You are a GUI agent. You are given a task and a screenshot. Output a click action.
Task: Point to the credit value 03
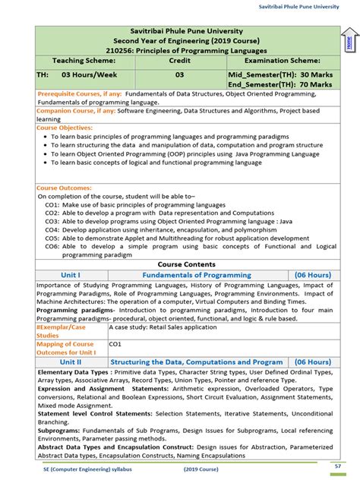coord(179,75)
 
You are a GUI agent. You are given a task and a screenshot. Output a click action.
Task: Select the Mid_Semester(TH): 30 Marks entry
coord(279,75)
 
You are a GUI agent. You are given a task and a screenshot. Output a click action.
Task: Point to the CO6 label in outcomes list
coord(52,246)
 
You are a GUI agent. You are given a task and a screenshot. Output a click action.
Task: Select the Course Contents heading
coord(186,264)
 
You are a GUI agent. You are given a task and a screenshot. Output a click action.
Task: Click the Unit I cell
coord(71,275)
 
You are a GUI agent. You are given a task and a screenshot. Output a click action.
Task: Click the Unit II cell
coord(71,362)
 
